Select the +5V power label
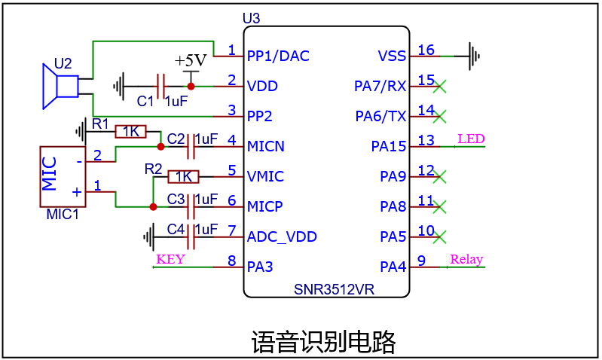point(190,61)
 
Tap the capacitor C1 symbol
point(160,86)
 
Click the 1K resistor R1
point(131,132)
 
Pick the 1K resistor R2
point(183,176)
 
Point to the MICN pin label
point(266,146)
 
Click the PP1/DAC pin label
point(278,56)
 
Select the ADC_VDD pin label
point(282,236)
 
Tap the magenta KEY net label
point(170,259)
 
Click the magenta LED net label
point(471,139)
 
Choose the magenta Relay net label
point(466,259)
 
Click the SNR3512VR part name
point(335,289)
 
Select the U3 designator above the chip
point(250,17)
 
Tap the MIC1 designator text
point(62,215)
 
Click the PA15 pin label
point(389,146)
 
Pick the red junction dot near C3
point(152,206)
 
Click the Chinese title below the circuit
point(323,341)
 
